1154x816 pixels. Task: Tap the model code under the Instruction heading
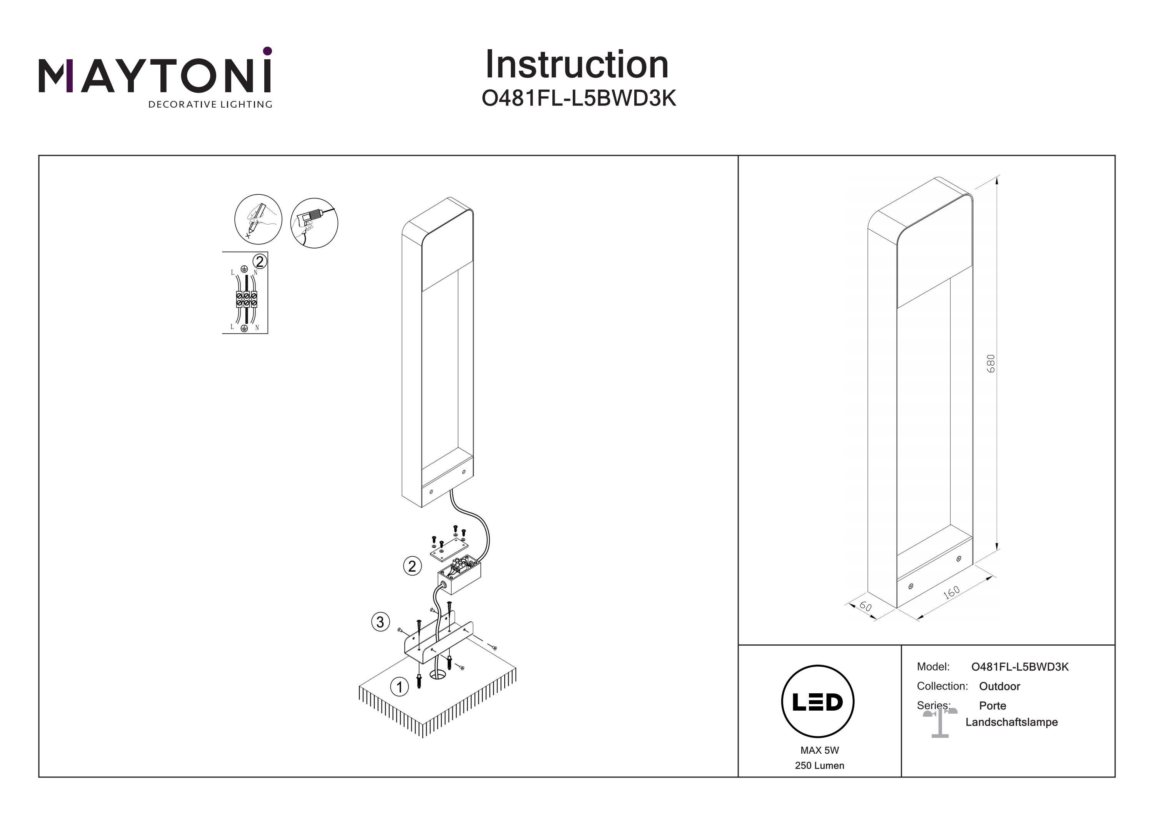click(x=579, y=98)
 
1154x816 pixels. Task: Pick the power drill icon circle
click(x=314, y=222)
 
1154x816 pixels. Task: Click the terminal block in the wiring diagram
click(x=246, y=299)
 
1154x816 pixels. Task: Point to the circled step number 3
click(x=380, y=622)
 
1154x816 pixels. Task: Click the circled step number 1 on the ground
click(x=400, y=687)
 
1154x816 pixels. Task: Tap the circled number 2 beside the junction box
click(x=412, y=567)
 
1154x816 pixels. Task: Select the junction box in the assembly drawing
click(x=459, y=574)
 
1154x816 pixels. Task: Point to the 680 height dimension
click(x=990, y=363)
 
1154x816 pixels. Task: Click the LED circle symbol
click(x=817, y=702)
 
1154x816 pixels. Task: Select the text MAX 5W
click(x=819, y=750)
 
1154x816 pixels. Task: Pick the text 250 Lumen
click(x=819, y=766)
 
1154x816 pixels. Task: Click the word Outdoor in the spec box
click(x=999, y=686)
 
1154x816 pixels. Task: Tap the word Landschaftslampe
click(x=1011, y=722)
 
